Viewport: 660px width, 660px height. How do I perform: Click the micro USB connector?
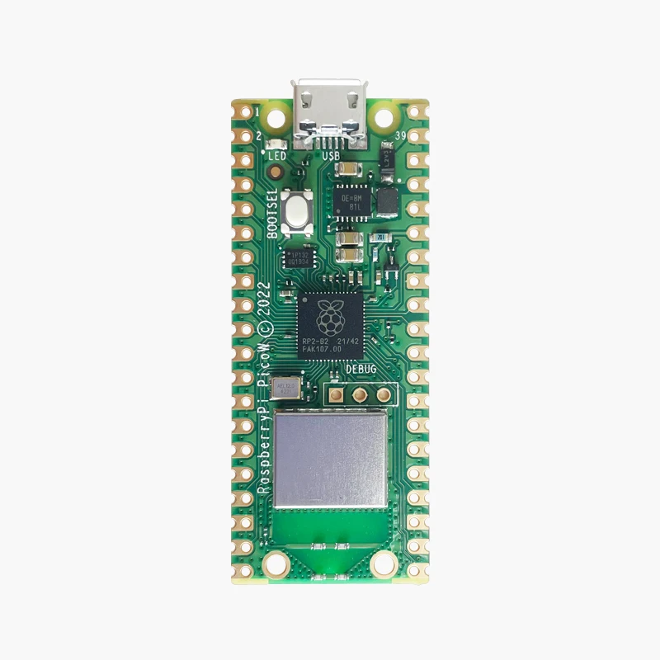coord(330,111)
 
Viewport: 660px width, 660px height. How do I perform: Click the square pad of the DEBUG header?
coord(337,394)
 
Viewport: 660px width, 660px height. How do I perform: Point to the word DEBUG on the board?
coord(361,371)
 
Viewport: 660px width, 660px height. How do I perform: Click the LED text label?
coord(276,155)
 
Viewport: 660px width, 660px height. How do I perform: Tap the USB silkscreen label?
coord(331,155)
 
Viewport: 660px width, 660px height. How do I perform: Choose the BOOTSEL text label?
coord(274,214)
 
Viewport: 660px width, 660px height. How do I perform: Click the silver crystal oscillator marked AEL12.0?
coord(286,386)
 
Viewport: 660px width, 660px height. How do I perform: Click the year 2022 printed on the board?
coord(265,298)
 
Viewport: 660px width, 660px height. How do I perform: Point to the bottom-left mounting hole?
coord(277,563)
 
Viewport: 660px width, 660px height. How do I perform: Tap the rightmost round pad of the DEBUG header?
coord(383,394)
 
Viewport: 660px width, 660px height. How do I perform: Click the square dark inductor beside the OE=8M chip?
coord(386,200)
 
